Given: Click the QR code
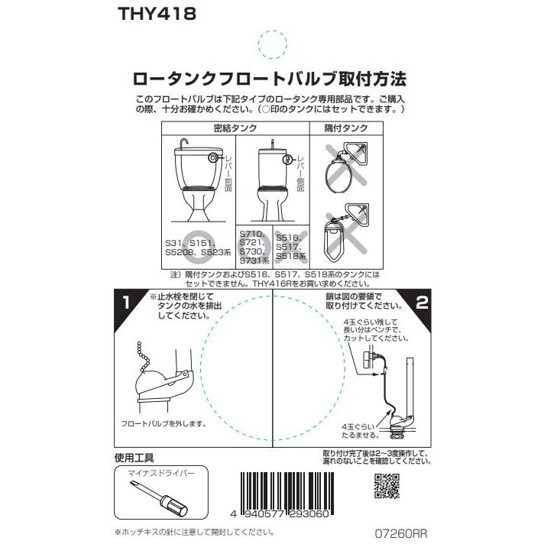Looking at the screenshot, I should pyautogui.click(x=386, y=487).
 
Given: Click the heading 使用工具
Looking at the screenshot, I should pyautogui.click(x=134, y=459).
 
